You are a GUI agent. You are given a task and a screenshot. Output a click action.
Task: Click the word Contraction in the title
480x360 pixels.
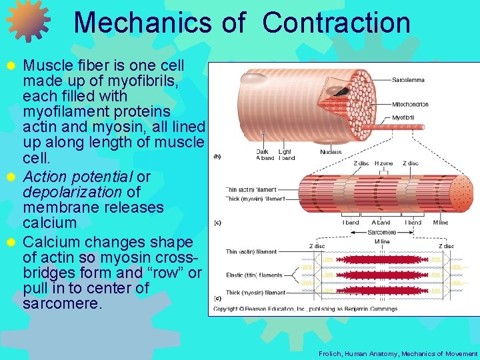[x=336, y=22]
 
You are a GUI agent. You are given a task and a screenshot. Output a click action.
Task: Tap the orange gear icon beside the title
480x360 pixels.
[x=28, y=20]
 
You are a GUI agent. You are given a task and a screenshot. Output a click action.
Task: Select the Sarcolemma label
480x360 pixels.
[x=408, y=80]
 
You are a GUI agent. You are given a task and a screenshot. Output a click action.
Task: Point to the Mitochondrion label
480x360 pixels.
[x=410, y=105]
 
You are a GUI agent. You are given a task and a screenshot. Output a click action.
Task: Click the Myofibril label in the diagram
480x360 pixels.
[x=403, y=118]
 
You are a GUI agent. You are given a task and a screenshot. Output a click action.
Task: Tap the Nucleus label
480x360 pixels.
[x=331, y=151]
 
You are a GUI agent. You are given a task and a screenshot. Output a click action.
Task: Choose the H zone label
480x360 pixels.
[x=383, y=163]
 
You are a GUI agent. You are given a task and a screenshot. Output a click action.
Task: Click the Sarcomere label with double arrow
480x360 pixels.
[x=382, y=233]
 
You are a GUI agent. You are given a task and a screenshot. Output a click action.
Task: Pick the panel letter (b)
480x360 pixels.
[x=217, y=157]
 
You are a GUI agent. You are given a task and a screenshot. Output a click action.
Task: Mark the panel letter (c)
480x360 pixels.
[x=217, y=222]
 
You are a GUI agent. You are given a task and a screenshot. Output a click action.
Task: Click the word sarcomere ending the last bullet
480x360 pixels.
[x=62, y=304]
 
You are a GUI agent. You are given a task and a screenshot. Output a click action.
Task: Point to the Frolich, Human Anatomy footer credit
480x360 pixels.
[x=398, y=354]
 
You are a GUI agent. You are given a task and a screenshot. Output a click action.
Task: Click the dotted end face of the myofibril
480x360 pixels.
[x=457, y=193]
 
